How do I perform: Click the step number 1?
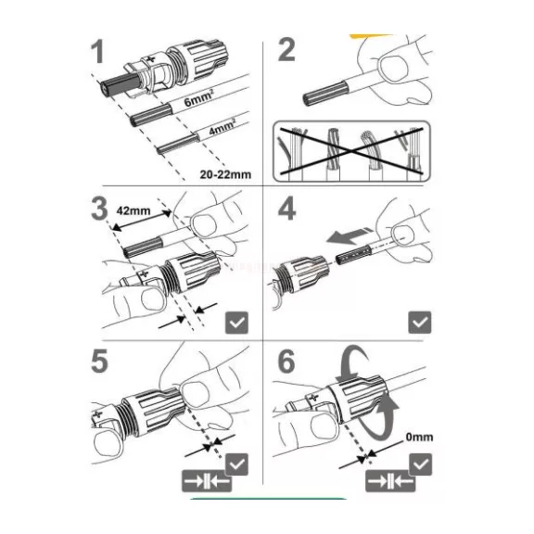tap(98, 51)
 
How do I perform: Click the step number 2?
tap(286, 50)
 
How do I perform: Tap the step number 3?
tap(99, 208)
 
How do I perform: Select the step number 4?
tap(286, 208)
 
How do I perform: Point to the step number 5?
tap(99, 361)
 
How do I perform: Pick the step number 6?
tap(286, 361)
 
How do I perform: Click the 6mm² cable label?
tap(199, 97)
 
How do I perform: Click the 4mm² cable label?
tap(222, 126)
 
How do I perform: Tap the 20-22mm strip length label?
tap(225, 174)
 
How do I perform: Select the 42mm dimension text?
tap(133, 210)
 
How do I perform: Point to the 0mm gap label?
tap(419, 437)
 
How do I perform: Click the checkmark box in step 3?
tap(237, 323)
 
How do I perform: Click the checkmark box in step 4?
tap(420, 323)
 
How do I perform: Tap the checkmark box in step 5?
tap(237, 464)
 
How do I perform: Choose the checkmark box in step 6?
tap(421, 464)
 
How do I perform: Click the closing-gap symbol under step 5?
tap(207, 481)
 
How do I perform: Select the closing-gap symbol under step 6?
tap(390, 481)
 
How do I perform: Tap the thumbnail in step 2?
tap(394, 70)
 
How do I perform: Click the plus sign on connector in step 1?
tap(151, 59)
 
